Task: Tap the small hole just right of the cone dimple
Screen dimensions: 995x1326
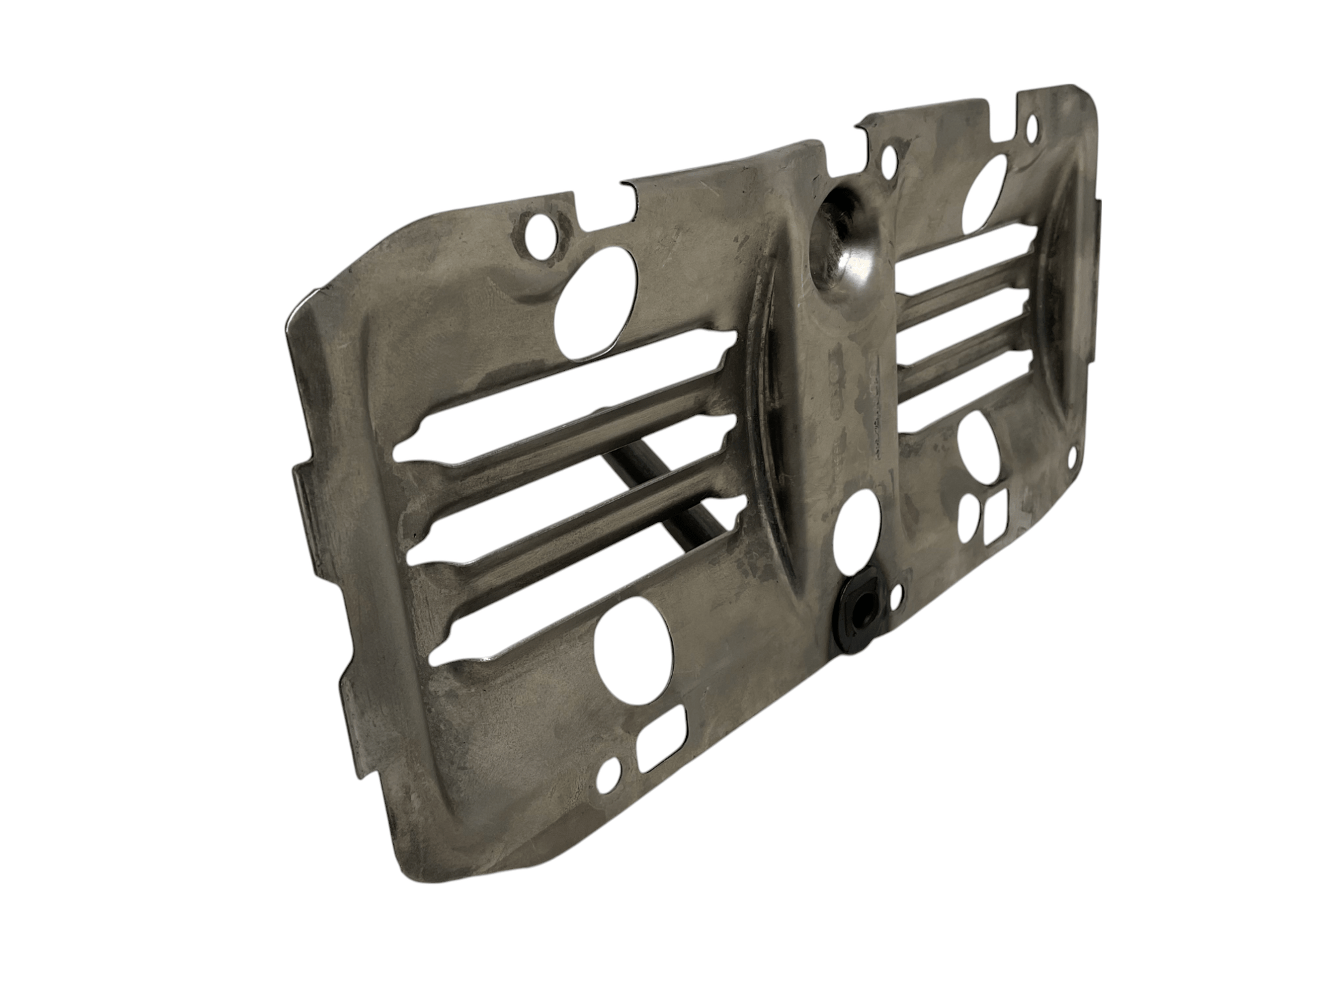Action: (888, 162)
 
